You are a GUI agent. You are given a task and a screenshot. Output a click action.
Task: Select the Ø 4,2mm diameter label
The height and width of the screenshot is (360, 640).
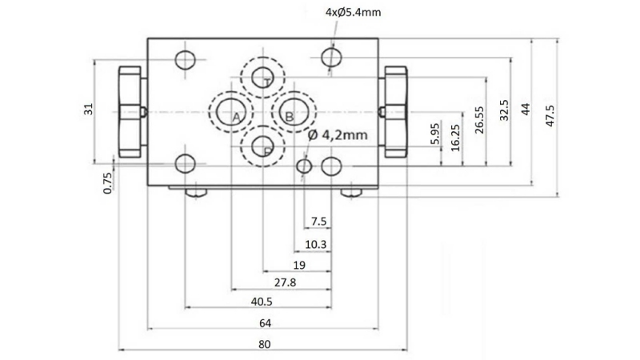pyautogui.click(x=337, y=135)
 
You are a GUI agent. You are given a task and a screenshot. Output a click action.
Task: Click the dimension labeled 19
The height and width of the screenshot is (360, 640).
pyautogui.click(x=298, y=264)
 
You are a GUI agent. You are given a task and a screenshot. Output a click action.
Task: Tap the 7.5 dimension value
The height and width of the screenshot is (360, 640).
pyautogui.click(x=318, y=222)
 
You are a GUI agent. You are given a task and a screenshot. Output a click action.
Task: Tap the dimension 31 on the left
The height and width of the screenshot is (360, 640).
pyautogui.click(x=89, y=109)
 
